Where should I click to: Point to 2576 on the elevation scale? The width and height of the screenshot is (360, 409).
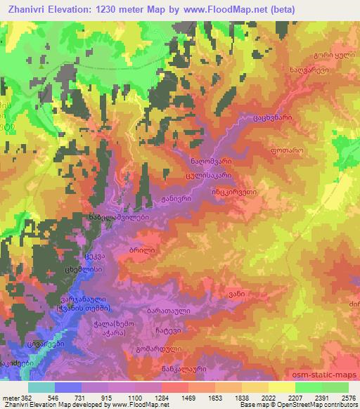(x=345, y=398)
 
